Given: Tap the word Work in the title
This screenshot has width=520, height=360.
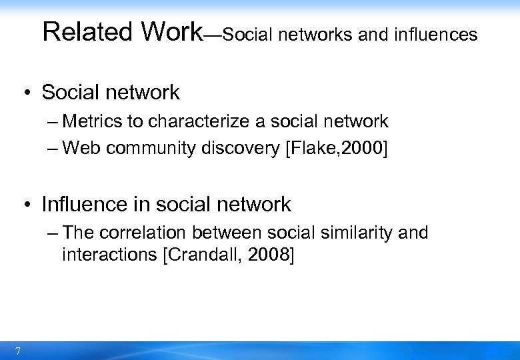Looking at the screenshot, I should tap(171, 31).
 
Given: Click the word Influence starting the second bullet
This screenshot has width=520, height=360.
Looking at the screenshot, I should tap(83, 204).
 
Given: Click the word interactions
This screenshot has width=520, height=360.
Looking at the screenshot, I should tap(109, 255).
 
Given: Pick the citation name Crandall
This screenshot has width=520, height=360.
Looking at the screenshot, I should tap(195, 255).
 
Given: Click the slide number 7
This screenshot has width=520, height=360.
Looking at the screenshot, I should tap(17, 351).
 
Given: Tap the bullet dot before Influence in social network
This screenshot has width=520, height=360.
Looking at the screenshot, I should tap(29, 205).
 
